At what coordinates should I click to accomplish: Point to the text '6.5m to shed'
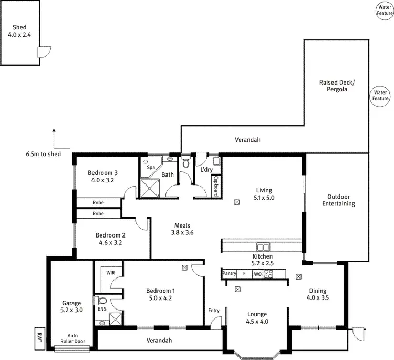[43, 154]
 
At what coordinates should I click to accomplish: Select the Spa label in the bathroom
[150, 167]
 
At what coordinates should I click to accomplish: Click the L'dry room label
[205, 170]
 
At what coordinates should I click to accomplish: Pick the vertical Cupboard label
[216, 186]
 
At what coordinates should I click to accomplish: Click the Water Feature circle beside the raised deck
[380, 95]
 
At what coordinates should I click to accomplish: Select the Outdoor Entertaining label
[338, 200]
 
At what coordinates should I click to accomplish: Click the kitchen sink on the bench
[263, 247]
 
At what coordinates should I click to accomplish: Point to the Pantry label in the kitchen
[229, 273]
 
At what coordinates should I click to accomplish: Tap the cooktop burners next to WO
[269, 273]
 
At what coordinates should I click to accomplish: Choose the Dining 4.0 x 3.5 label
[317, 294]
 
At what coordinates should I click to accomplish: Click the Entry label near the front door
[214, 311]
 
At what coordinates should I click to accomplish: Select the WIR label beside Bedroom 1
[110, 273]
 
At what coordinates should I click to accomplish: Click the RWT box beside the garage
[39, 337]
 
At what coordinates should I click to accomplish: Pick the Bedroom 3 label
[102, 176]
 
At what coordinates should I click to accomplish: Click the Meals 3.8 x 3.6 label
[184, 229]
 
